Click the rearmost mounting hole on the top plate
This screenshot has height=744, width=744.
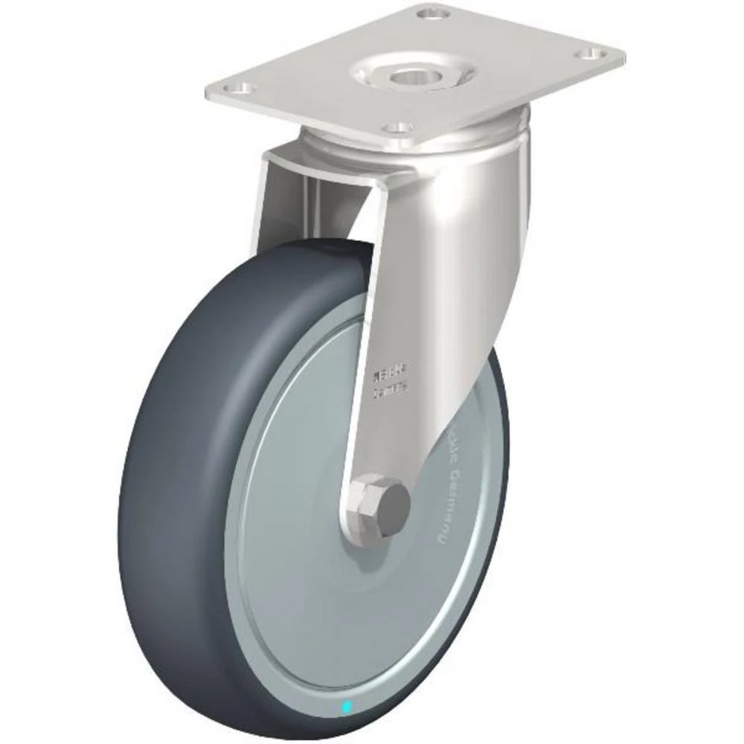tap(430, 12)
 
